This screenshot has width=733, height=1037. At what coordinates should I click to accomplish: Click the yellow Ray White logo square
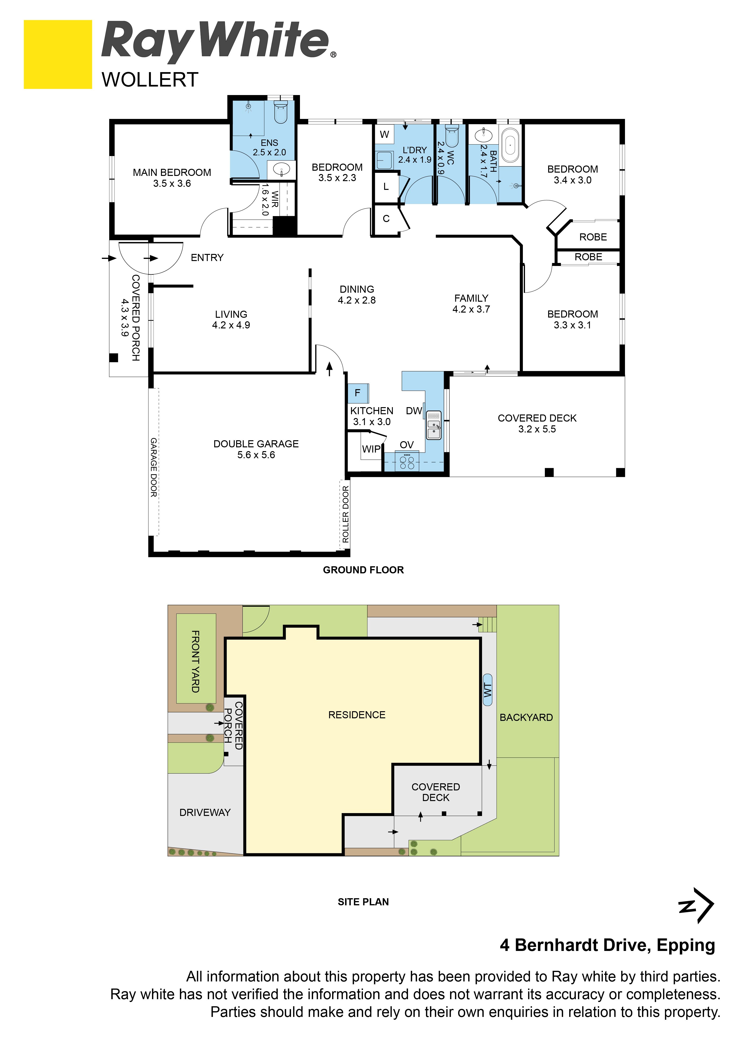[x=58, y=54]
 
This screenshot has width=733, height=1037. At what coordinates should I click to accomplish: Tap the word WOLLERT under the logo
[x=150, y=80]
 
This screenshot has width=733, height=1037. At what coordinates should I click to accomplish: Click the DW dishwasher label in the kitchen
[x=414, y=411]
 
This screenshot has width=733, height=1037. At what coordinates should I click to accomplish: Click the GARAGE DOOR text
[x=154, y=467]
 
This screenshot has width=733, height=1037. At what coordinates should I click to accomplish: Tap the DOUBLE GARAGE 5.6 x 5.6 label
[x=256, y=449]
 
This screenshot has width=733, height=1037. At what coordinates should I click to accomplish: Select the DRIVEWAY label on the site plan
[x=205, y=813]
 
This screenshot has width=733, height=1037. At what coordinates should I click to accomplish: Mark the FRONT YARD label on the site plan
[x=195, y=662]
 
